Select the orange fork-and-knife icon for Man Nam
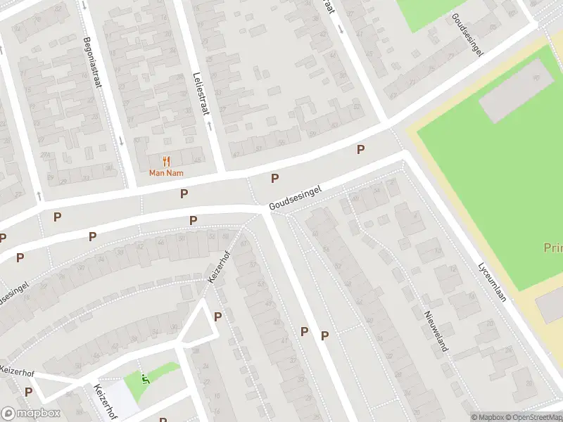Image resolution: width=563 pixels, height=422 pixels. click(167, 161)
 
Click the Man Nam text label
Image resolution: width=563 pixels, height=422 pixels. click(167, 173)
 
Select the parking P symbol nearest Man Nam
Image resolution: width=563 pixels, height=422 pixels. click(184, 193)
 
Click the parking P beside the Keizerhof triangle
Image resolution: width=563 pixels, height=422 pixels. click(217, 316)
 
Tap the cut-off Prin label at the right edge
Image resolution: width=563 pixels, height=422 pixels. click(552, 248)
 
